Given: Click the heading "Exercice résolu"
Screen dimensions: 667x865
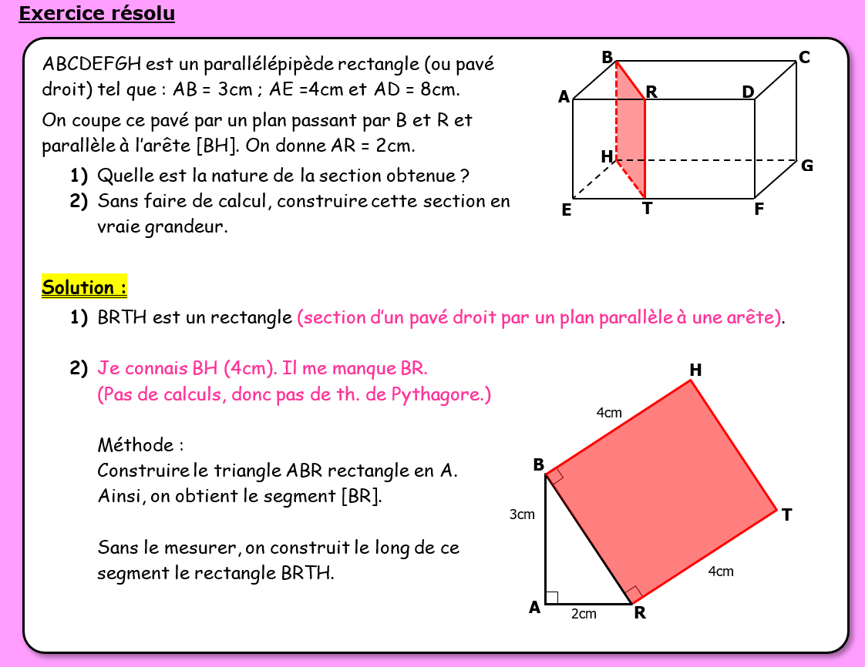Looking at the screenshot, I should tap(97, 14).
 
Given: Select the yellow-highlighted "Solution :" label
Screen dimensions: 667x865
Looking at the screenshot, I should tap(84, 288).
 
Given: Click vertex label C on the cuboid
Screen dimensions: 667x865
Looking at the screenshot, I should tap(804, 58).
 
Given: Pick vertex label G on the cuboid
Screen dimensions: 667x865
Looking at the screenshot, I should tap(806, 166).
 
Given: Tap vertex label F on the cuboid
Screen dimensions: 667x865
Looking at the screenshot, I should tap(759, 209).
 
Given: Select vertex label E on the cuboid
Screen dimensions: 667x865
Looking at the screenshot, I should tap(566, 209).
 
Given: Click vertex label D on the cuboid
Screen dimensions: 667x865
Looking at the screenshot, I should tap(747, 92).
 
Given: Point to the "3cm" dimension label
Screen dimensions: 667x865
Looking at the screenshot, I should tap(522, 514).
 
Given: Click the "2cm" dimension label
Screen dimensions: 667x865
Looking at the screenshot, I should tap(584, 614).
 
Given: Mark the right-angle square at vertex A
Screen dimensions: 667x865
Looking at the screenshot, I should tap(551, 598).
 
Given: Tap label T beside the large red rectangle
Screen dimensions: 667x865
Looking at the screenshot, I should tap(786, 515).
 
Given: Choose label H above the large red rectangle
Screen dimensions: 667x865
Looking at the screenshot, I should tap(695, 370).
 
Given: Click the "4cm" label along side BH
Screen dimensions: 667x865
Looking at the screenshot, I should tap(609, 413).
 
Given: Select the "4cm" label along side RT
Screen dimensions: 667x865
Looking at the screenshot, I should tap(721, 571).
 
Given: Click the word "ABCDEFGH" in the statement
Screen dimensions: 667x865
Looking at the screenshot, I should tap(92, 64).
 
